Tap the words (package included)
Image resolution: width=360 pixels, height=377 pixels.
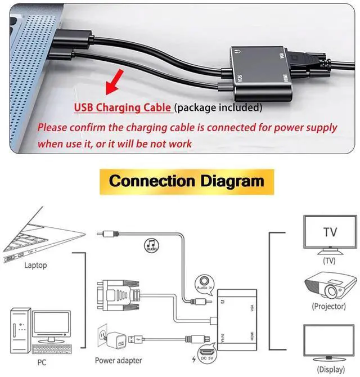coord(218,107)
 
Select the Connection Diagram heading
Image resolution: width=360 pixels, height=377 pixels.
coord(186,181)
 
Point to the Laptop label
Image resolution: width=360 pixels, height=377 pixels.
coord(35,265)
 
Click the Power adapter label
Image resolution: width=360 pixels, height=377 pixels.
coord(119,360)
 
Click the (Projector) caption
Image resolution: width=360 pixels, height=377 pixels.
coord(328,307)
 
